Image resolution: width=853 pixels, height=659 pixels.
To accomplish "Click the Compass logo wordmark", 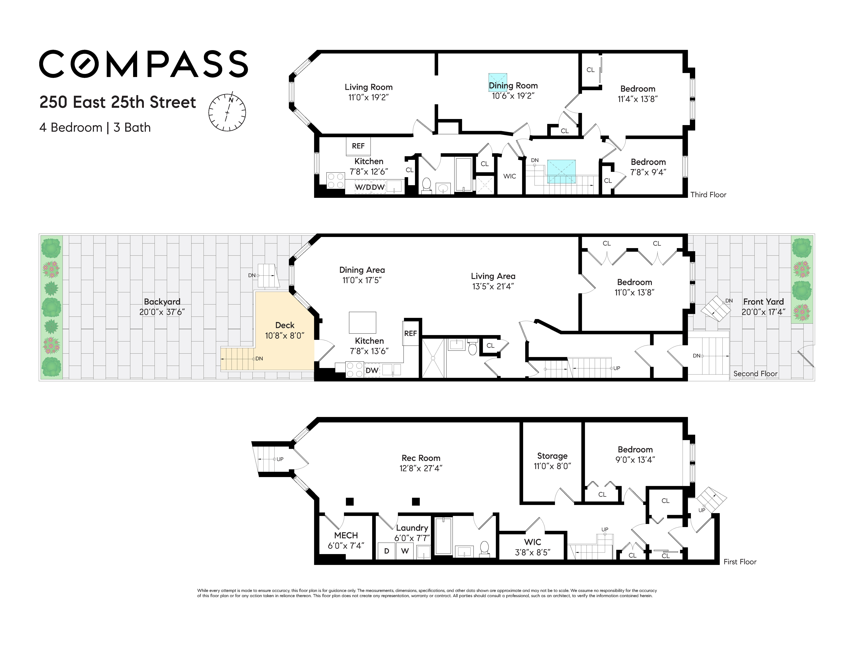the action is click(x=143, y=64).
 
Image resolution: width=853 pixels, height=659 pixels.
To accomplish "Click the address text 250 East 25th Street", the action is click(x=118, y=102).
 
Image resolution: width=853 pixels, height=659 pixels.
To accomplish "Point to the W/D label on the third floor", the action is click(x=363, y=187).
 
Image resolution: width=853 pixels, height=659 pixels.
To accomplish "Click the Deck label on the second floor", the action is click(x=285, y=325).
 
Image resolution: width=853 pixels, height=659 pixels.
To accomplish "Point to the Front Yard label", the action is click(x=763, y=302).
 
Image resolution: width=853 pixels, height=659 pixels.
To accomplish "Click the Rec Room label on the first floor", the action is click(x=421, y=458).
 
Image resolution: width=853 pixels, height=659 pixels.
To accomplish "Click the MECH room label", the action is click(x=346, y=535).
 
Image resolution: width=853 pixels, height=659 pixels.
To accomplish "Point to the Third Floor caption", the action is click(x=708, y=195).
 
